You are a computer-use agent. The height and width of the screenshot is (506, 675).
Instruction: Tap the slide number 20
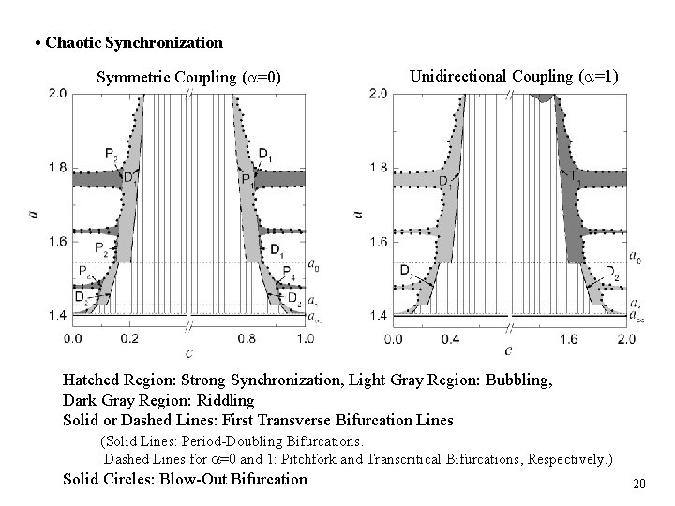click(x=640, y=484)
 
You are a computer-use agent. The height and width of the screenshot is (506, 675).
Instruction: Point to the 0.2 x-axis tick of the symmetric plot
click(x=131, y=337)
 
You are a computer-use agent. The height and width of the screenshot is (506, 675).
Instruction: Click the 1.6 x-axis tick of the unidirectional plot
click(x=567, y=337)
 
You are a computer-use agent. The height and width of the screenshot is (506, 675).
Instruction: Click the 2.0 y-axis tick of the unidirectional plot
click(x=377, y=94)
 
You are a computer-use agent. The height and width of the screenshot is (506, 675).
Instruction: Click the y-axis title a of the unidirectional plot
click(x=356, y=215)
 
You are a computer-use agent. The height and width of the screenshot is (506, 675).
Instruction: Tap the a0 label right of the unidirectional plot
click(x=635, y=256)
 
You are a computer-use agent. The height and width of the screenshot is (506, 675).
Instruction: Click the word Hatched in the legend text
click(x=92, y=380)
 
